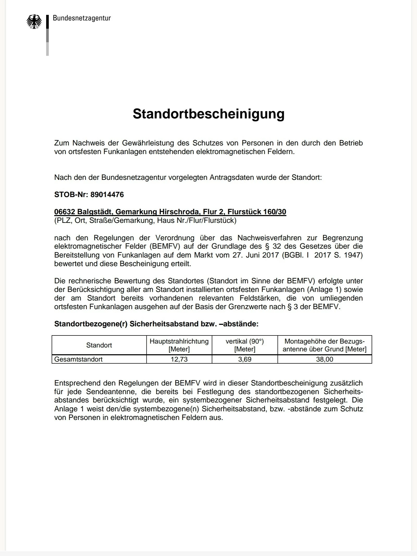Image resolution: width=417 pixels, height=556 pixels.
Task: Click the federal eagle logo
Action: click(x=34, y=22)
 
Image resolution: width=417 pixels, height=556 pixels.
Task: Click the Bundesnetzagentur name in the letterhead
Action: click(x=82, y=18)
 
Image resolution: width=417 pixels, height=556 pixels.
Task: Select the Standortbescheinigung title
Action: click(x=208, y=114)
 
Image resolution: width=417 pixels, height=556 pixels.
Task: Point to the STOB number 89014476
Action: click(x=107, y=195)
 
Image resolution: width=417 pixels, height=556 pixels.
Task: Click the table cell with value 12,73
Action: click(x=179, y=359)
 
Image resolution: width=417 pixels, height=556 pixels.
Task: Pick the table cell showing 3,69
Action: click(x=245, y=359)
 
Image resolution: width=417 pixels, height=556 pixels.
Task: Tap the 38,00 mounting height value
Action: click(x=324, y=359)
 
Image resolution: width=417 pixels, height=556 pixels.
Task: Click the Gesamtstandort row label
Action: click(x=78, y=359)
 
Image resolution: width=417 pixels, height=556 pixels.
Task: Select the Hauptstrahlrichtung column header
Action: click(x=179, y=345)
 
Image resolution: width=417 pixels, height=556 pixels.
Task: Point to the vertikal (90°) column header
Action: click(x=245, y=345)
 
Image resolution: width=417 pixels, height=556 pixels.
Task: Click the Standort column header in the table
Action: click(x=99, y=345)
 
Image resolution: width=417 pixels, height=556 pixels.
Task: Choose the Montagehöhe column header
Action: click(x=324, y=345)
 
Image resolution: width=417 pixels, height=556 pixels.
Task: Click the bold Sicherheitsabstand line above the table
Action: click(x=156, y=324)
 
